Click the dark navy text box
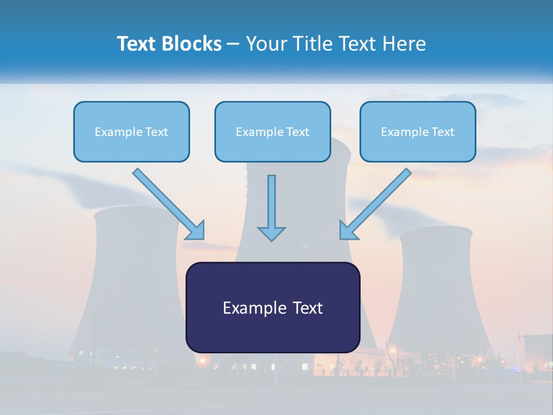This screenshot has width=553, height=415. click(272, 331)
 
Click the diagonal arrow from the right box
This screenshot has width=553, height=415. click(377, 202)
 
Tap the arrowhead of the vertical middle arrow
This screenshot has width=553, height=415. click(271, 233)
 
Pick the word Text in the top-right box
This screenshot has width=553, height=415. click(443, 132)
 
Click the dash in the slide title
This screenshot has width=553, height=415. click(233, 44)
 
